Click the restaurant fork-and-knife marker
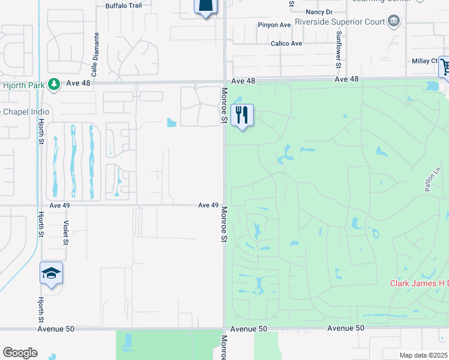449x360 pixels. click(x=242, y=115)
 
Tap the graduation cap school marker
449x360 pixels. click(x=52, y=274)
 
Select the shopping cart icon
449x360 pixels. click(x=445, y=67)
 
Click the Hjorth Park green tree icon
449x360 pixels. click(x=53, y=85)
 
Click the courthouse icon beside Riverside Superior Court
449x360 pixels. click(x=394, y=22)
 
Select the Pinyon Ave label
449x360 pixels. click(x=273, y=25)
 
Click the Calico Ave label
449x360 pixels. click(x=286, y=43)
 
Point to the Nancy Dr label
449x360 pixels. click(x=319, y=11)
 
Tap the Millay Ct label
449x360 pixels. click(x=426, y=61)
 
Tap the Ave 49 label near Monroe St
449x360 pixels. click(x=208, y=205)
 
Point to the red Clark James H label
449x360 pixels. click(x=419, y=284)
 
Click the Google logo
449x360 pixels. click(x=20, y=353)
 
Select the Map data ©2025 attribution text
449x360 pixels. click(x=423, y=355)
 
